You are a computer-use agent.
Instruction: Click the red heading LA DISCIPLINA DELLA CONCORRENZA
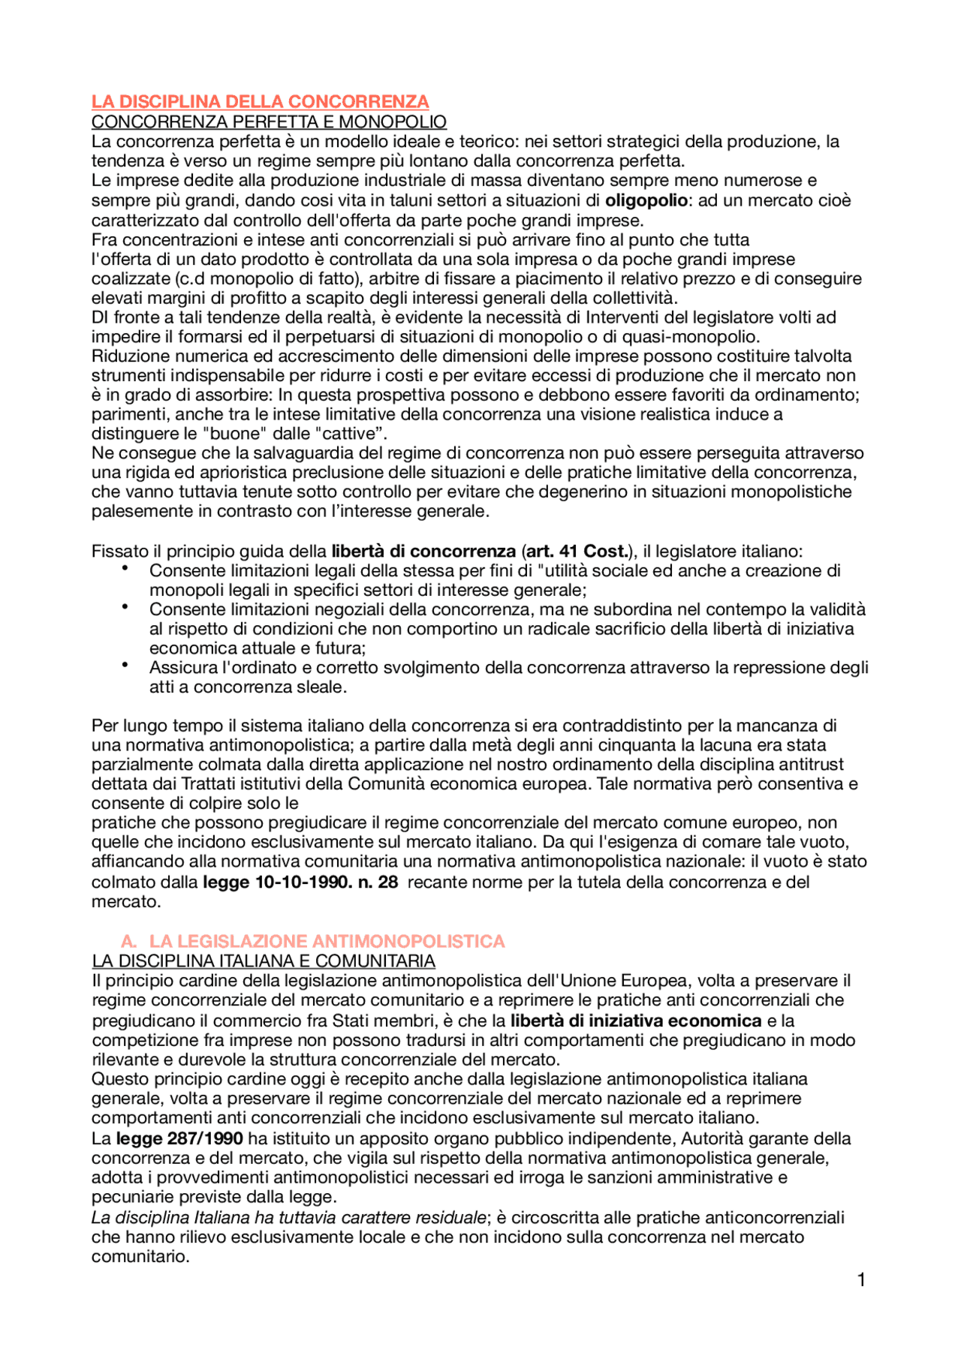coord(260,102)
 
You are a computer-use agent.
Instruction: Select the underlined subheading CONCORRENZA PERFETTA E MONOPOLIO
coord(269,122)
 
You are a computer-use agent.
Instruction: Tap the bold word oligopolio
coord(646,200)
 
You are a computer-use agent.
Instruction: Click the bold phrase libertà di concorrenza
coord(423,552)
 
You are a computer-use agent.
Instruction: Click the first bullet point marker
coord(125,570)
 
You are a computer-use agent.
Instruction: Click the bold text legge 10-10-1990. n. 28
coord(300,882)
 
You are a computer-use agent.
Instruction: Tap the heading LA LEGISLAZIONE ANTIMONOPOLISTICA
coord(327,942)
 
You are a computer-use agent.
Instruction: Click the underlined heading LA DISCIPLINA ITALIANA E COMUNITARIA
coord(264,961)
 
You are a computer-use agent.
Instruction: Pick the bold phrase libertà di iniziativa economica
coord(636,1021)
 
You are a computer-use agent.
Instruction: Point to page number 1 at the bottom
coord(861,1280)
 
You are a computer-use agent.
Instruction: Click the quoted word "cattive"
coord(350,434)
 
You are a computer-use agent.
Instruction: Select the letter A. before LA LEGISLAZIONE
coord(128,942)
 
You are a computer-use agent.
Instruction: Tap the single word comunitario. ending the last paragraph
coord(140,1257)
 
